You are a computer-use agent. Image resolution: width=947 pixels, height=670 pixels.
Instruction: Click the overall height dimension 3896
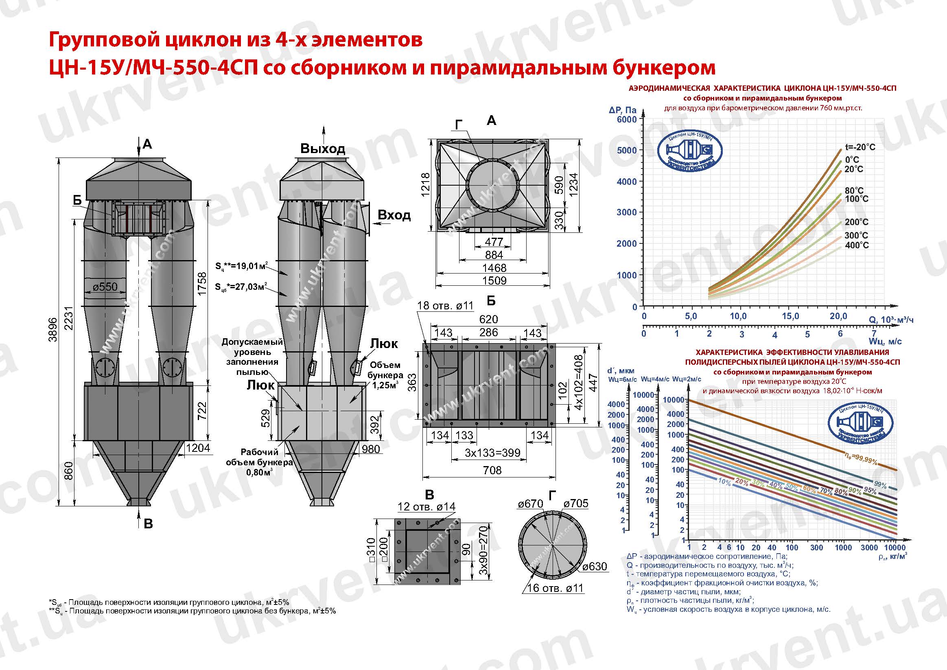tap(52, 329)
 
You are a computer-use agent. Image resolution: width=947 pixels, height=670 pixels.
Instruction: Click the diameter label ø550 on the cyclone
tap(105, 286)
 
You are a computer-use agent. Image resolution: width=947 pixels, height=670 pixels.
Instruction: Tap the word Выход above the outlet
tap(322, 149)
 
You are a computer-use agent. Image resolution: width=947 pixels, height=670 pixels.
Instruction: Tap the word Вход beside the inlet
tap(394, 215)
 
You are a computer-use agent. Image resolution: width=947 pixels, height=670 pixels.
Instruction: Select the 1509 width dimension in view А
tap(494, 280)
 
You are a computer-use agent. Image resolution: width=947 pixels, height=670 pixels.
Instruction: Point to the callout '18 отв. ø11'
tap(445, 306)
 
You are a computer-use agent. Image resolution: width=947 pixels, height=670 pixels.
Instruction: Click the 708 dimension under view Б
tap(492, 470)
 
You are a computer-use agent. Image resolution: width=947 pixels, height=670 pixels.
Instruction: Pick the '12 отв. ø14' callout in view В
tap(426, 507)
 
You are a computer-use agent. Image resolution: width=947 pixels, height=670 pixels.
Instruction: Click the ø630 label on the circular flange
tap(595, 567)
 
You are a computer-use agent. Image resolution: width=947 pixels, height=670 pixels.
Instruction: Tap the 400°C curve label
tap(857, 245)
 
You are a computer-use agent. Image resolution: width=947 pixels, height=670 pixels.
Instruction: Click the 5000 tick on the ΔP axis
tap(627, 150)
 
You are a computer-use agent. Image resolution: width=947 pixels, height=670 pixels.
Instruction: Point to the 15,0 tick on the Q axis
tap(790, 316)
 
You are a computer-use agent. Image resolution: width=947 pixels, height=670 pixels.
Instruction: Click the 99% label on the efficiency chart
tap(880, 485)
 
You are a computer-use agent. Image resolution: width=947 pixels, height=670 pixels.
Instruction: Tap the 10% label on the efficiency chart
tap(724, 482)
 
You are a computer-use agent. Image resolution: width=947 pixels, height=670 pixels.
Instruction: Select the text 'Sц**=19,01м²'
tap(241, 266)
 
